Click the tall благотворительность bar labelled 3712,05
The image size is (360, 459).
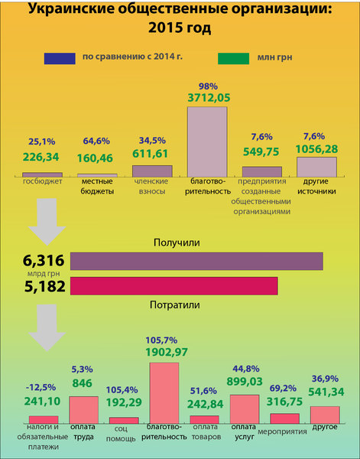207,142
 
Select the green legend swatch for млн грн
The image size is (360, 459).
233,58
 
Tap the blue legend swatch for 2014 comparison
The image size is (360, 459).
60,58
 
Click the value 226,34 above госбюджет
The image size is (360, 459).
41,157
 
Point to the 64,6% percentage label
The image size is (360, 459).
96,141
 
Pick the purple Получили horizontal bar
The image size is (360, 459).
196,261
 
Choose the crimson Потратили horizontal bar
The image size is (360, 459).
174,286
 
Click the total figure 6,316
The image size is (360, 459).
44,261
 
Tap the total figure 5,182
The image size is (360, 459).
45,286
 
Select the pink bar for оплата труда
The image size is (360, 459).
83,410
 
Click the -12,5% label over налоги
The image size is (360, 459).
41,388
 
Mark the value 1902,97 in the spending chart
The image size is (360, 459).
167,353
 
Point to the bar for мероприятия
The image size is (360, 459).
285,418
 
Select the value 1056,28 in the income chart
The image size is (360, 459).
316,149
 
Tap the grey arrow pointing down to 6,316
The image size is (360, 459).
47,222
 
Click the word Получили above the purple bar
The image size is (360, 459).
177,243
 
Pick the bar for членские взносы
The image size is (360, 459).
152,171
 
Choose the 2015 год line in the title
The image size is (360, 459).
180,28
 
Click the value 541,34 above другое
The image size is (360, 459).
326,392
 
